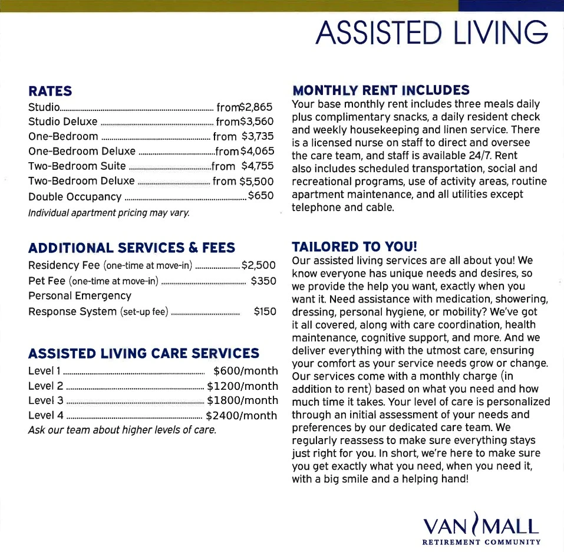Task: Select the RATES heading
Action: coord(50,91)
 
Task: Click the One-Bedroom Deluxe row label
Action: coord(82,152)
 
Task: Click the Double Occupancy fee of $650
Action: coord(260,196)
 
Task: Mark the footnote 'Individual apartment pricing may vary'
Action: coord(109,212)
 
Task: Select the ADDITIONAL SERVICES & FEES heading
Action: coord(131,248)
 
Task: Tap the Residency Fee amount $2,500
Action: coord(259,265)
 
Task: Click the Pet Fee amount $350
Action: coord(263,281)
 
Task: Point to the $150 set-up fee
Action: coord(265,311)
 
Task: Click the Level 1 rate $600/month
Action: coord(245,371)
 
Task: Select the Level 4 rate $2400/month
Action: coord(242,416)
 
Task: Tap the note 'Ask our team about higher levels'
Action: coord(123,430)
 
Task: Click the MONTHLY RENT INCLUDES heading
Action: coord(381,90)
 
